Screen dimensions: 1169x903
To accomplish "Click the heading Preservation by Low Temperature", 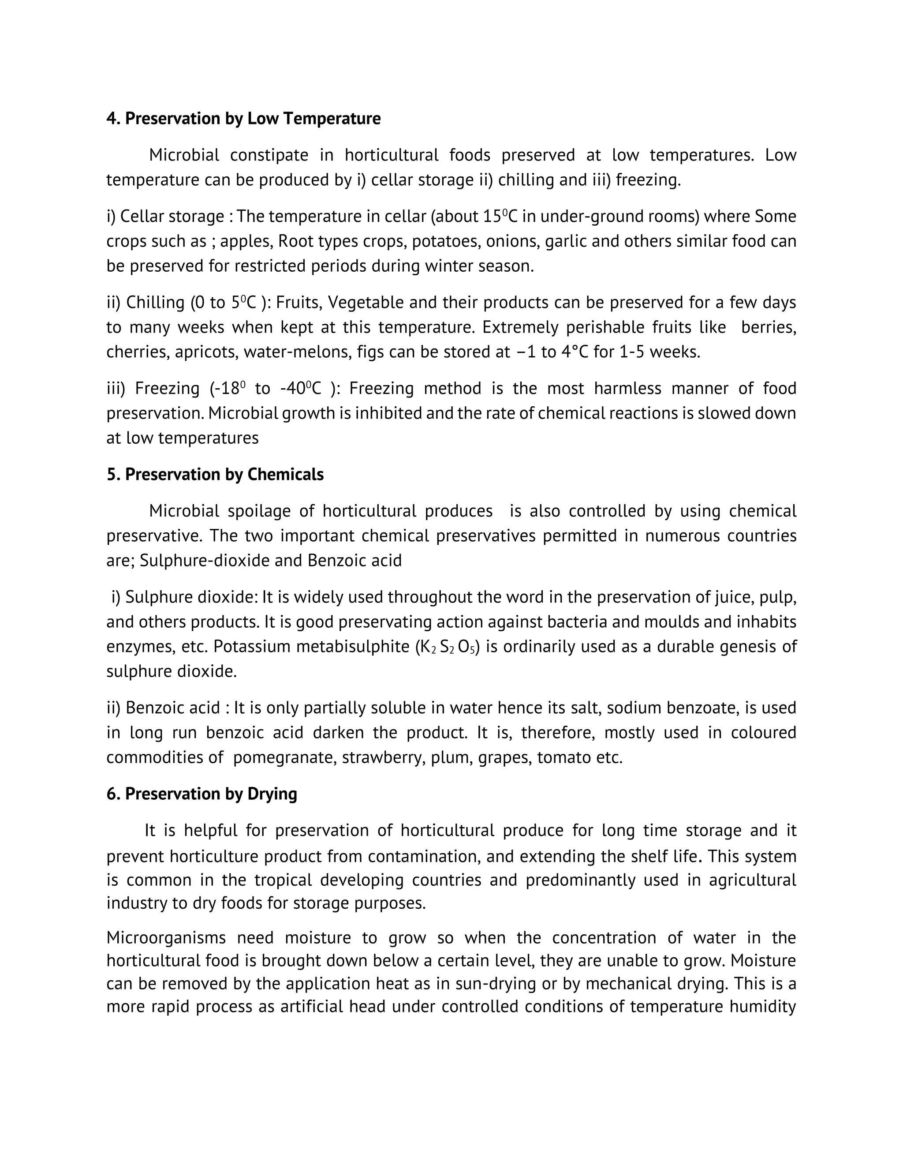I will coord(243,118).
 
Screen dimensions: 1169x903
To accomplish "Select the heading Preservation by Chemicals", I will coord(215,475).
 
